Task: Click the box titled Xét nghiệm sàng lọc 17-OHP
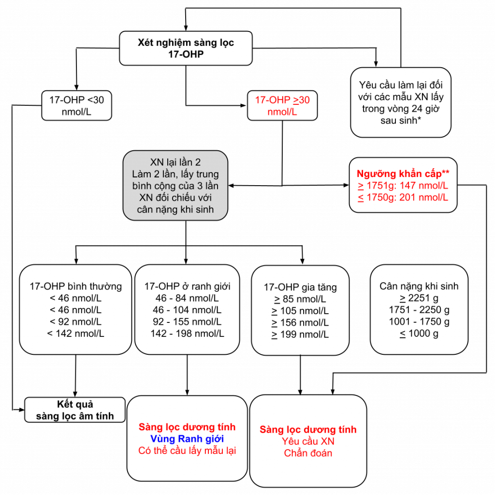pyautogui.click(x=186, y=48)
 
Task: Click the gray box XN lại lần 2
pyautogui.click(x=175, y=186)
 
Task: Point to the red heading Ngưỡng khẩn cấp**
pyautogui.click(x=403, y=174)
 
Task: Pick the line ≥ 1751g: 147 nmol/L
pyautogui.click(x=403, y=186)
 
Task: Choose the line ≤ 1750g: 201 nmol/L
pyautogui.click(x=403, y=197)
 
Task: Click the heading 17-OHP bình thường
pyautogui.click(x=75, y=286)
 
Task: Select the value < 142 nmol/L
pyautogui.click(x=75, y=333)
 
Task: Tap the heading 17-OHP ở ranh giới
pyautogui.click(x=187, y=286)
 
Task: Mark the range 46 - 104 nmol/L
pyautogui.click(x=187, y=310)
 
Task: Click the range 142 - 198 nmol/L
pyautogui.click(x=187, y=333)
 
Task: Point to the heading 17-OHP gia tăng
pyautogui.click(x=300, y=287)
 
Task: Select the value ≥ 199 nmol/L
pyautogui.click(x=300, y=335)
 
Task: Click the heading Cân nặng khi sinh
pyautogui.click(x=419, y=286)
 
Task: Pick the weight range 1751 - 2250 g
pyautogui.click(x=419, y=310)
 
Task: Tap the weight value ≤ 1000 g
pyautogui.click(x=419, y=333)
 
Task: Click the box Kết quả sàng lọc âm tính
pyautogui.click(x=75, y=410)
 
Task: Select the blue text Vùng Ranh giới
pyautogui.click(x=187, y=439)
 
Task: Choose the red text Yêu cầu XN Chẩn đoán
pyautogui.click(x=308, y=447)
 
